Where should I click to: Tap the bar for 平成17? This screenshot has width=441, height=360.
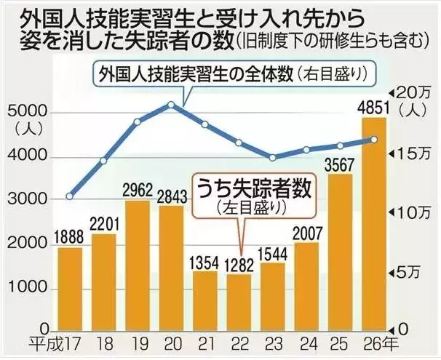pyautogui.click(x=70, y=288)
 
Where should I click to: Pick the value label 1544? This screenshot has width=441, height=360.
pyautogui.click(x=273, y=254)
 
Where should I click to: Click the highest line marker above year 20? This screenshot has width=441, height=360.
pyautogui.click(x=171, y=105)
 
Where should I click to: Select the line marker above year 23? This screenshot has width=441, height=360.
pyautogui.click(x=273, y=157)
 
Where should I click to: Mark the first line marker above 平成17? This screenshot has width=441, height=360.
pyautogui.click(x=70, y=196)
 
